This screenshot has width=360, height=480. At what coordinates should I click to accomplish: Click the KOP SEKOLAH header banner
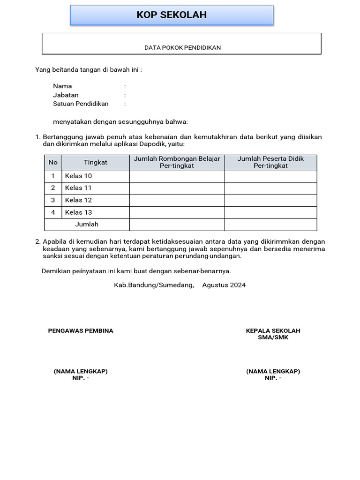(172, 15)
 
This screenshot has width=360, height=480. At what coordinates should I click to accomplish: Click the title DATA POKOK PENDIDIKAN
(182, 47)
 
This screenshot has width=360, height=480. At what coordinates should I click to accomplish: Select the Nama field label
(62, 86)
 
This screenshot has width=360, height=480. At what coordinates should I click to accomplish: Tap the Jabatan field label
(66, 95)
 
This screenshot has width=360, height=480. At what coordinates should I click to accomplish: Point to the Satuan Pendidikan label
(81, 104)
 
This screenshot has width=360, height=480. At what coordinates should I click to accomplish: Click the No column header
(53, 162)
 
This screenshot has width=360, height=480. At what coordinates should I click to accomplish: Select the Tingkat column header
(96, 162)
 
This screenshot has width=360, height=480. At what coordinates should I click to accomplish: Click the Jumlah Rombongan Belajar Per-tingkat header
(177, 162)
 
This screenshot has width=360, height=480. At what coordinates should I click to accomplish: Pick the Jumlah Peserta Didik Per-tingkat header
(270, 162)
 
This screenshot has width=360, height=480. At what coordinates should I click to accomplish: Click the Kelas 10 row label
(78, 176)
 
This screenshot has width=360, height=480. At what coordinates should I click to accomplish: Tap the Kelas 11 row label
(78, 188)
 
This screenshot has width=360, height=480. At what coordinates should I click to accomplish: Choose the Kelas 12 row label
(78, 200)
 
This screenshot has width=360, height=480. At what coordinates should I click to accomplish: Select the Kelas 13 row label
(78, 212)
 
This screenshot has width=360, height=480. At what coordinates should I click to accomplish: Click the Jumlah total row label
(87, 225)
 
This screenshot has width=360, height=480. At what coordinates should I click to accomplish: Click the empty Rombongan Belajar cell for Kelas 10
(177, 176)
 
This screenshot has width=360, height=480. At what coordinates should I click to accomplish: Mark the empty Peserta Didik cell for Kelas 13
(270, 212)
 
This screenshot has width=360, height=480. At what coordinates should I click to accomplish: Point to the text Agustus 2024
(224, 285)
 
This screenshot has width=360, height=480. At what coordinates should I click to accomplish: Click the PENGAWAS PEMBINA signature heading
(81, 331)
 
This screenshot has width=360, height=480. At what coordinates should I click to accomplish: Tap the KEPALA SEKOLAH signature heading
(273, 331)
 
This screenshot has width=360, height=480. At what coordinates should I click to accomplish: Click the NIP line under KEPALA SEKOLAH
(273, 378)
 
